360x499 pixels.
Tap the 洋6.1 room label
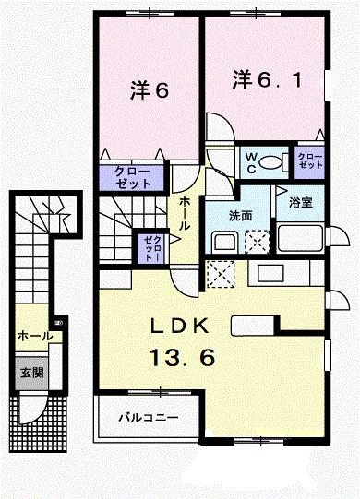pyautogui.click(x=263, y=79)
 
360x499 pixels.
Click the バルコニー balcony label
pyautogui.click(x=148, y=418)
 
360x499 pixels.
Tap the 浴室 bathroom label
pyautogui.click(x=300, y=201)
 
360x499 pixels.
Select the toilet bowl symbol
pyautogui.click(x=272, y=163)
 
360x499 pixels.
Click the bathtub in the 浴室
pyautogui.click(x=301, y=244)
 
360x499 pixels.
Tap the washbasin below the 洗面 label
pyautogui.click(x=226, y=244)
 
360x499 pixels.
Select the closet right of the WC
pyautogui.click(x=307, y=162)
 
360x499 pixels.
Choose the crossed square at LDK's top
pyautogui.click(x=222, y=273)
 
